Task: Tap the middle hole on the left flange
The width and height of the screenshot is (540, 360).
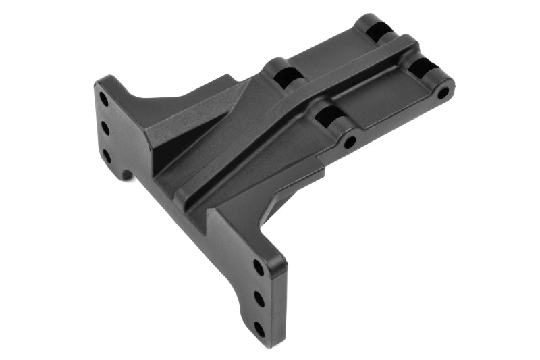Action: pyautogui.click(x=105, y=127)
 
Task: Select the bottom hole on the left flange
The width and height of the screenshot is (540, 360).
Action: pyautogui.click(x=107, y=156)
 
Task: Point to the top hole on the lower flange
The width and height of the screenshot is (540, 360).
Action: pyautogui.click(x=259, y=267)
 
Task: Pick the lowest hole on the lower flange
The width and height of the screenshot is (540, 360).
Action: pyautogui.click(x=259, y=329)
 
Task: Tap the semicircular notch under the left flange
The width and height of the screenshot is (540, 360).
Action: pyautogui.click(x=127, y=174)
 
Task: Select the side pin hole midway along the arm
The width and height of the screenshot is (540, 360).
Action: pyautogui.click(x=350, y=143)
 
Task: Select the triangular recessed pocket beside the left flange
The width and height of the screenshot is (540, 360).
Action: pyautogui.click(x=167, y=135)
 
